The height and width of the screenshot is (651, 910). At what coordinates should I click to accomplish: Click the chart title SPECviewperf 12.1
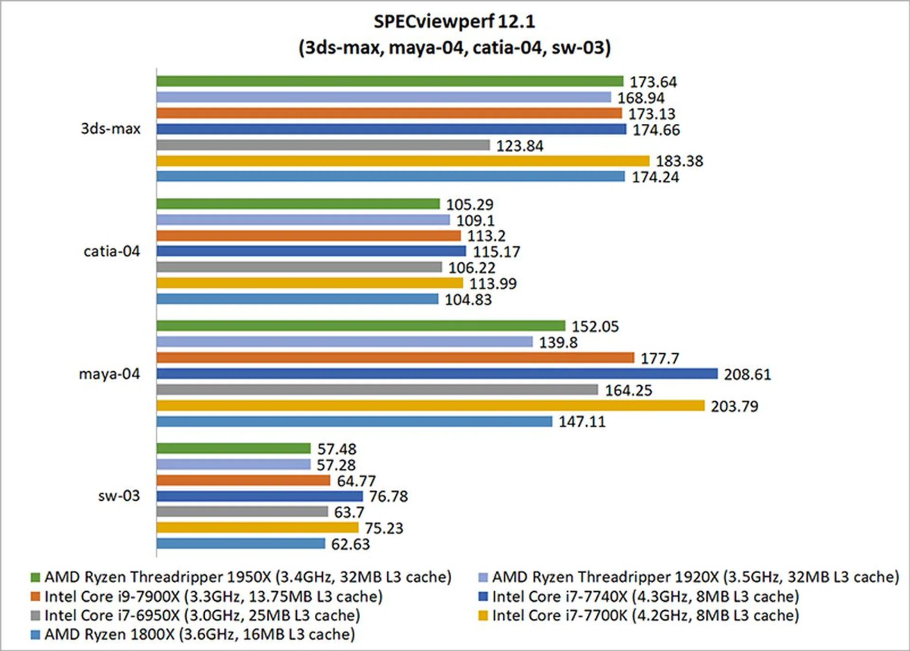coord(454,22)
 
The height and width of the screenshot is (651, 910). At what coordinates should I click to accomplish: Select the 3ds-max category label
coord(110,128)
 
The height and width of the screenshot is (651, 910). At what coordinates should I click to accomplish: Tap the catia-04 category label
coord(112,251)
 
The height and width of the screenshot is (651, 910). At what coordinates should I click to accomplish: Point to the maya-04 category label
coord(109,374)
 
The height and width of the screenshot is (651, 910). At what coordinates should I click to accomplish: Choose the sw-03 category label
coord(119,496)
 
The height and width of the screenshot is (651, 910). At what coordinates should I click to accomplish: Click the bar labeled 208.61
coord(437,374)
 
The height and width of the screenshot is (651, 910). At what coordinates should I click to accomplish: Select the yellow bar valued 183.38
coord(403,161)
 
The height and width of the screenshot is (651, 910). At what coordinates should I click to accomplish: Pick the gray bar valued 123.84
coord(323,145)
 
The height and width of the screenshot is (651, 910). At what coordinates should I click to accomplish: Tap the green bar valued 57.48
coord(234,449)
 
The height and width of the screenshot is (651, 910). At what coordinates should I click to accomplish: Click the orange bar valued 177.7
coord(395,358)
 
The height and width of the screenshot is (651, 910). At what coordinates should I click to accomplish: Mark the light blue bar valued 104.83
coord(297,299)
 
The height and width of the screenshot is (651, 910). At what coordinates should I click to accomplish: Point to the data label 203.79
coord(734,406)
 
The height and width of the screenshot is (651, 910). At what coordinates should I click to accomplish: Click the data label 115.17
coord(496,252)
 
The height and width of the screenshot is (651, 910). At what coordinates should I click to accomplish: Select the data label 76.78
coord(388,496)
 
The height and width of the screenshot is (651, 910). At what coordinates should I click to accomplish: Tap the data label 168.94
coord(641,98)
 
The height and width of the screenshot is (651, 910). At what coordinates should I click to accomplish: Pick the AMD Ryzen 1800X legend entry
coord(199,634)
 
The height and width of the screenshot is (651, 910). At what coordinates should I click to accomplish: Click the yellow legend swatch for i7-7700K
coord(483,616)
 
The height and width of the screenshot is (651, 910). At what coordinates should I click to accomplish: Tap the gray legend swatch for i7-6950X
coord(35,616)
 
